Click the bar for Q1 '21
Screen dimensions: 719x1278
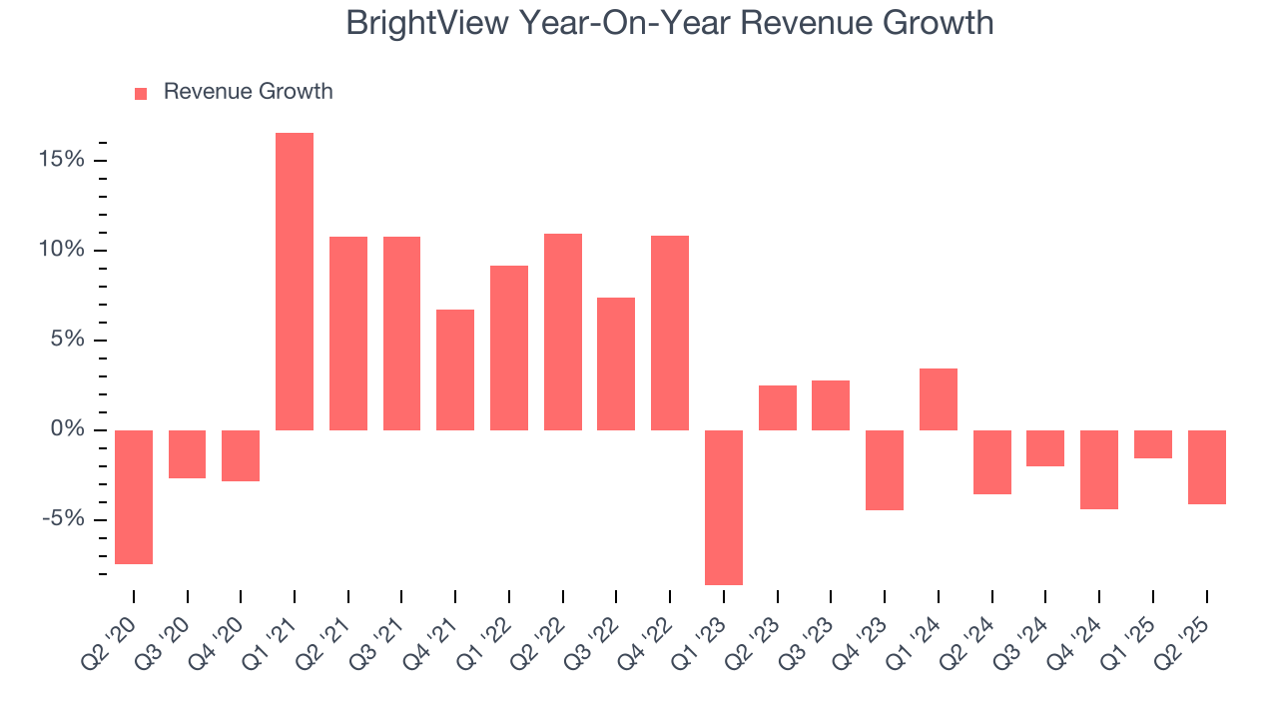(x=295, y=282)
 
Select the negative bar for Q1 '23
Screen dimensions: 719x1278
(x=724, y=507)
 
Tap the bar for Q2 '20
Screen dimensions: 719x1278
(x=134, y=497)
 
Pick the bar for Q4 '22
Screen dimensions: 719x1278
(x=670, y=333)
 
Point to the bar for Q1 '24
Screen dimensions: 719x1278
(x=939, y=399)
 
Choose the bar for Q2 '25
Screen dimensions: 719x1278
(x=1207, y=467)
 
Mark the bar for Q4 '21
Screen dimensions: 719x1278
(x=455, y=369)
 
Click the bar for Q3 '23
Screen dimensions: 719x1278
(x=831, y=405)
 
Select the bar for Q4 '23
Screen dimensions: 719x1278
(x=885, y=470)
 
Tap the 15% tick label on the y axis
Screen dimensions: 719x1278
(x=62, y=160)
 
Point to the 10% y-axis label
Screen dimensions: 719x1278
(x=62, y=250)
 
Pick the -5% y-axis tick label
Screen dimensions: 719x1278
(x=64, y=519)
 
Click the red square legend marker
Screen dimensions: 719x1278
(x=141, y=93)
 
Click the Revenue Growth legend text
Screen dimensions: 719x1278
(x=248, y=92)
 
